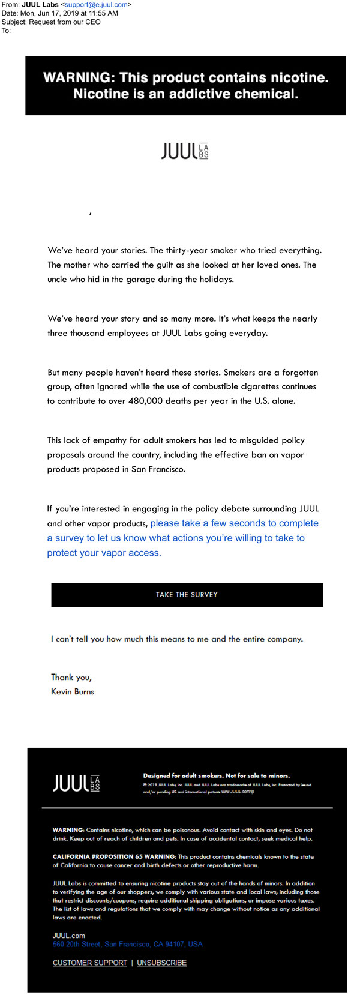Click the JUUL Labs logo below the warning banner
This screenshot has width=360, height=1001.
point(185,151)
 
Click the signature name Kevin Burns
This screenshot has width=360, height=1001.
point(73,691)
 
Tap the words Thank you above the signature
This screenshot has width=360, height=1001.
point(71,677)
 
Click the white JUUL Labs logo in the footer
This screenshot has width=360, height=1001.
point(76,783)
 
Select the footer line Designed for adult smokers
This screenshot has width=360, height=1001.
point(216,775)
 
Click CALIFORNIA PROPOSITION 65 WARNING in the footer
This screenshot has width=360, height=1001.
point(114,856)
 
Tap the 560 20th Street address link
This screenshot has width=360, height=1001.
point(127,944)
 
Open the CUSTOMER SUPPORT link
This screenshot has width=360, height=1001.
point(90,963)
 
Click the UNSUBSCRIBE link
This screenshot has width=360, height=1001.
point(162,963)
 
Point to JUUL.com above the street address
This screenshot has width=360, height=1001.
point(69,936)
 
